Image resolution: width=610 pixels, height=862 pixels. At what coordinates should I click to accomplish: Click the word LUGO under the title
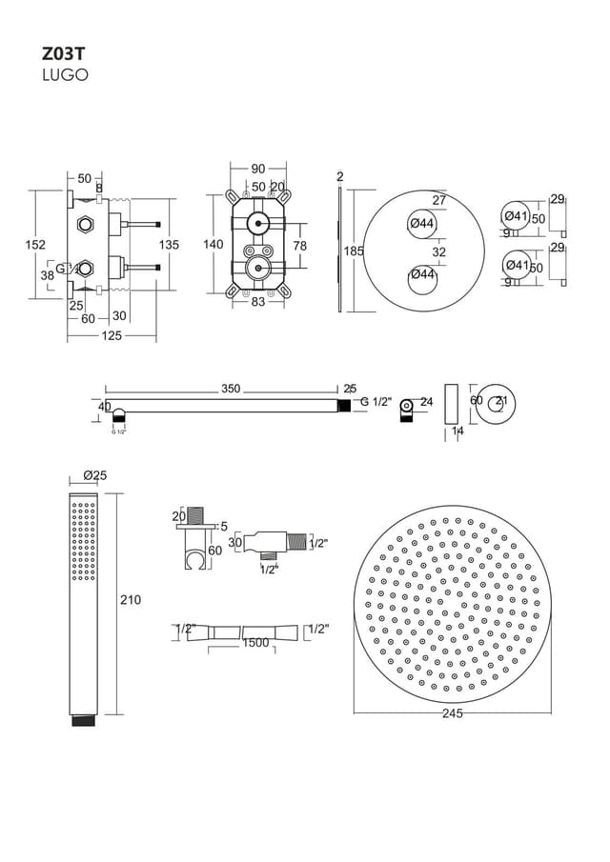coord(65,75)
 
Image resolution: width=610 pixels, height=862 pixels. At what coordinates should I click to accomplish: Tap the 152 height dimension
coord(34,245)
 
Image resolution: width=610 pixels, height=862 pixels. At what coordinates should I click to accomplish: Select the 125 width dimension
coord(111,335)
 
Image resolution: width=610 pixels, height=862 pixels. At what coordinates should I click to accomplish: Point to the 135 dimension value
coord(169,245)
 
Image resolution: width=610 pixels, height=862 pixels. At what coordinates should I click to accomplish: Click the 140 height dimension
coord(213,245)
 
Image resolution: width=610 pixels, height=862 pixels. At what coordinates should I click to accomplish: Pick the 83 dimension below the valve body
coord(257,303)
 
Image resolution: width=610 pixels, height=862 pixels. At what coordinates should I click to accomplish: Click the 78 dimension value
coord(299,246)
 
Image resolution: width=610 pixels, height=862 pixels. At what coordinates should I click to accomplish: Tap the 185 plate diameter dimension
coord(354,251)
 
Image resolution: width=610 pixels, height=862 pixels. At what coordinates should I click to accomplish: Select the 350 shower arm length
coord(231,389)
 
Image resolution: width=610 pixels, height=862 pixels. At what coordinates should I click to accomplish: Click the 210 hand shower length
coord(131,600)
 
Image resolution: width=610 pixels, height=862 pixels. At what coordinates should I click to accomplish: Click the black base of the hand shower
coord(85,721)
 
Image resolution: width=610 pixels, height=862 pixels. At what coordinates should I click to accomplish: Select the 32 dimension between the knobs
coord(439,252)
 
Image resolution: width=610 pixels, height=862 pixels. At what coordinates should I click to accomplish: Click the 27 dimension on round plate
coord(439,201)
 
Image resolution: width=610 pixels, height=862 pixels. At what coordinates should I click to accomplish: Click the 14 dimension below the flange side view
coord(457,431)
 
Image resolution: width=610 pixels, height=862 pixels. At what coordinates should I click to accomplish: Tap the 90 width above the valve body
coord(258,170)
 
